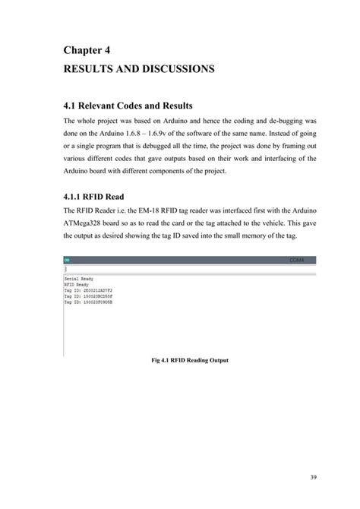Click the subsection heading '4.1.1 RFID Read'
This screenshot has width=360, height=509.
coord(96,195)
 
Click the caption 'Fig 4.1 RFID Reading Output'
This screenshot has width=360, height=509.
coord(190,360)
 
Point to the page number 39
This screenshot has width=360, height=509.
coord(313,477)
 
